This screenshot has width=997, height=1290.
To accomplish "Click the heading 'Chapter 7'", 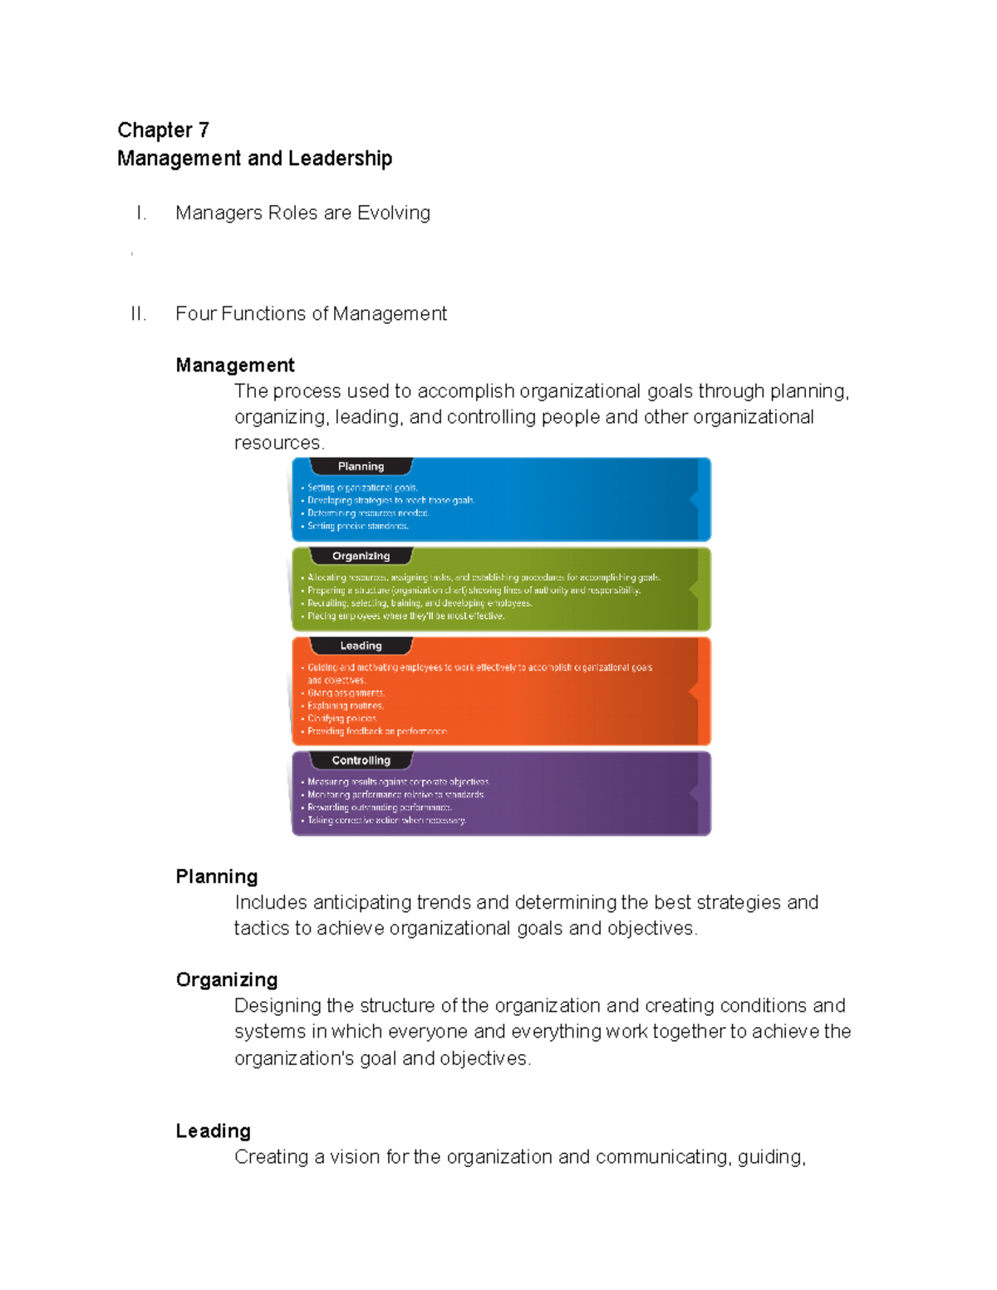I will point(163,130).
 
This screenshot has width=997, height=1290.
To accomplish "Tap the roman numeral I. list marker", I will point(141,213).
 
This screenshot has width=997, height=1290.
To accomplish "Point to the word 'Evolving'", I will point(393,213).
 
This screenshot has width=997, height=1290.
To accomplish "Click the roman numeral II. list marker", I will point(138,314).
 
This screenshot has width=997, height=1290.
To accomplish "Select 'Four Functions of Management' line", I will point(311,314).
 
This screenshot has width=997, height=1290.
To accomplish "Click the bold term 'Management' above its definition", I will point(235,365).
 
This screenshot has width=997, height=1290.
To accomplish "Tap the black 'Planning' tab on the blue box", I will point(361,467).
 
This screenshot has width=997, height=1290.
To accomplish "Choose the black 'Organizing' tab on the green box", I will point(361,557).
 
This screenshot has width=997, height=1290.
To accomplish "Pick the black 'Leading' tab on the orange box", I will point(361,646).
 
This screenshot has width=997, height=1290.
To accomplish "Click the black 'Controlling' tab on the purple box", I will point(361,761).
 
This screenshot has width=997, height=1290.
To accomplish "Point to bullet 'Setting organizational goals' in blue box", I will point(362,488).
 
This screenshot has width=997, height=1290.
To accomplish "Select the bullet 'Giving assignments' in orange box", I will point(346,694).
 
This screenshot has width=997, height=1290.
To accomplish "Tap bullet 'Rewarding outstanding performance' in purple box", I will point(379,807).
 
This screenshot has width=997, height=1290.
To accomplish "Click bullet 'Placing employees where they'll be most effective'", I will point(405,616).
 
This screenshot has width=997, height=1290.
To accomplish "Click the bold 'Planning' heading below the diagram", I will point(217,877).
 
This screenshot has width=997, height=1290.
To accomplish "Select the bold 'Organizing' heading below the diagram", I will point(227,980).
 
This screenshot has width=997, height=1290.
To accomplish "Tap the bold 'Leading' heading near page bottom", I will point(214,1131).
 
